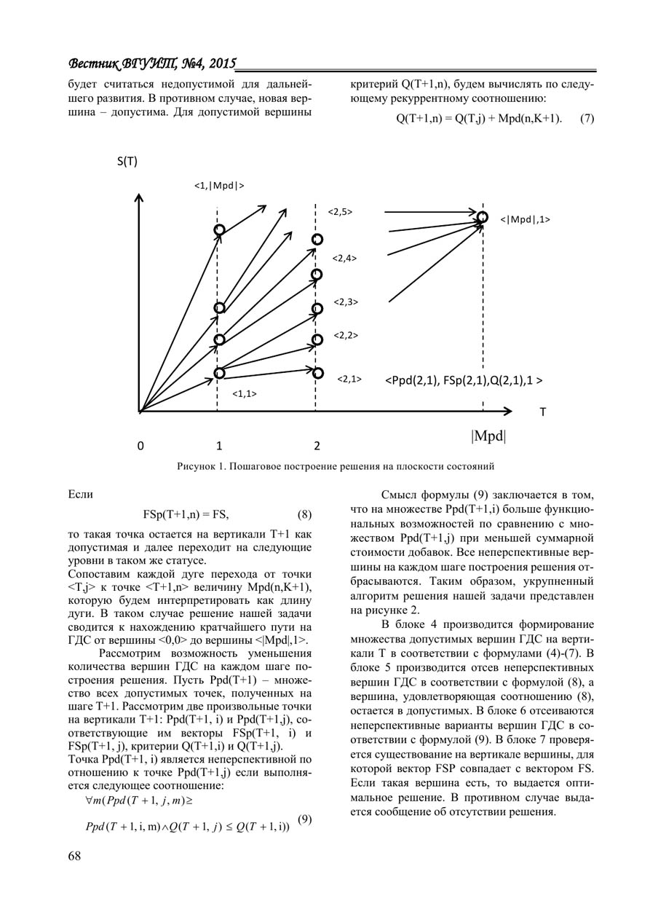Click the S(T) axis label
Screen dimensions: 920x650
pos(126,162)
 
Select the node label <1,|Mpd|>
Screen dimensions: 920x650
pos(218,185)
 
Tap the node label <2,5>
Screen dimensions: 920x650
pos(339,212)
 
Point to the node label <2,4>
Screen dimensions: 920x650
pos(344,258)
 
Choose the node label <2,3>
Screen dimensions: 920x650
pos(346,301)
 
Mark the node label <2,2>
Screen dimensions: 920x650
pos(346,336)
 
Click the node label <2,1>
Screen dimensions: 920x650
pos(349,379)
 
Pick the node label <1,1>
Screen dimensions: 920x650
pos(244,394)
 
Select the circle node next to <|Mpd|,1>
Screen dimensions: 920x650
pos(482,217)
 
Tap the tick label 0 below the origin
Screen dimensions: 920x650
pos(140,446)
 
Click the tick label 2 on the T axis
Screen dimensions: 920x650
pos(317,446)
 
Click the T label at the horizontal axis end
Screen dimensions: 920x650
pos(542,412)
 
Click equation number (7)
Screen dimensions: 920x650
pos(587,119)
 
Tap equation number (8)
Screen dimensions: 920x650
pos(305,515)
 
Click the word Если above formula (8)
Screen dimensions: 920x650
pos(80,495)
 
